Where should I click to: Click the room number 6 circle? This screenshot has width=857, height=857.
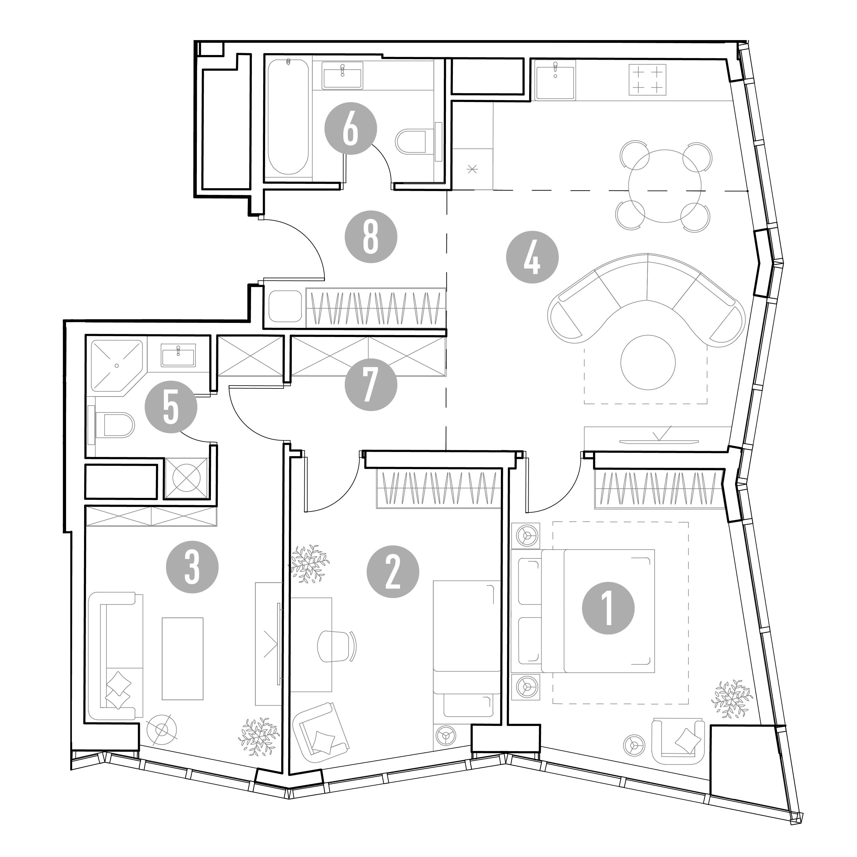[351, 129]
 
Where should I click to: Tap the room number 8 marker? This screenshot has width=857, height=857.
[371, 236]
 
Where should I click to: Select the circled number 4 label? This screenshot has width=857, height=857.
[532, 257]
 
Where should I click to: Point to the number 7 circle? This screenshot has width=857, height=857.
[371, 384]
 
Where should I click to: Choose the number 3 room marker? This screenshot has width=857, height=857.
[192, 568]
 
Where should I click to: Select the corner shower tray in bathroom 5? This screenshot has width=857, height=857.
[117, 366]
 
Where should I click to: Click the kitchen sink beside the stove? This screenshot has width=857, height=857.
[555, 81]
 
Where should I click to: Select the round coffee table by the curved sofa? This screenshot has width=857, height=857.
[648, 362]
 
